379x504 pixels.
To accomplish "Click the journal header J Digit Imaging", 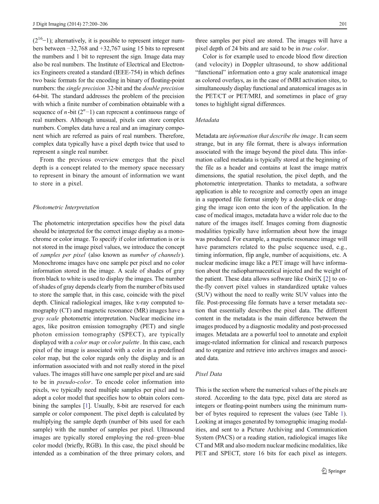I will coord(51,24).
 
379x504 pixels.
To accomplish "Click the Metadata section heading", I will coord(207,120).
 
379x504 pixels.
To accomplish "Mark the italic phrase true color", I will coord(315,48).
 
